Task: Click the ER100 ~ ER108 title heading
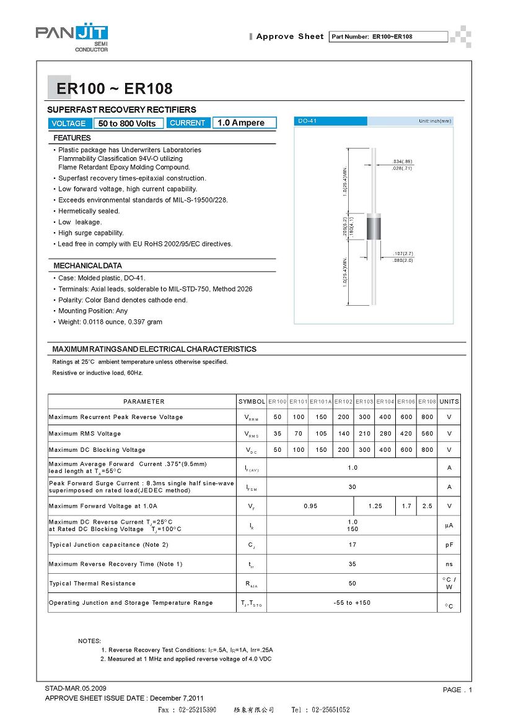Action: [x=114, y=89]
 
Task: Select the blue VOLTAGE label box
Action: [x=69, y=123]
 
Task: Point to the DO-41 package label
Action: [x=307, y=121]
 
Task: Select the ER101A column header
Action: [x=321, y=402]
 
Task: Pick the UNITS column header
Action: [x=449, y=402]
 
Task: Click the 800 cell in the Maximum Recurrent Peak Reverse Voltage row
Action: [x=427, y=417]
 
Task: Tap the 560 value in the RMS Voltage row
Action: [x=427, y=433]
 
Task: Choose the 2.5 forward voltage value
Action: [x=427, y=506]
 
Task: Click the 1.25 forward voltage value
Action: [x=375, y=506]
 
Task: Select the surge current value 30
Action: [x=353, y=487]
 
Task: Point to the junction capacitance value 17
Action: [x=353, y=545]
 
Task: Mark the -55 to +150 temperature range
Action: [x=352, y=602]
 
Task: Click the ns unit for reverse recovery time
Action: [x=449, y=564]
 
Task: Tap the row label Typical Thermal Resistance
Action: [x=92, y=583]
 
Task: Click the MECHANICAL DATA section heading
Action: [x=87, y=266]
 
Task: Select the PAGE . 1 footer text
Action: [x=457, y=690]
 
